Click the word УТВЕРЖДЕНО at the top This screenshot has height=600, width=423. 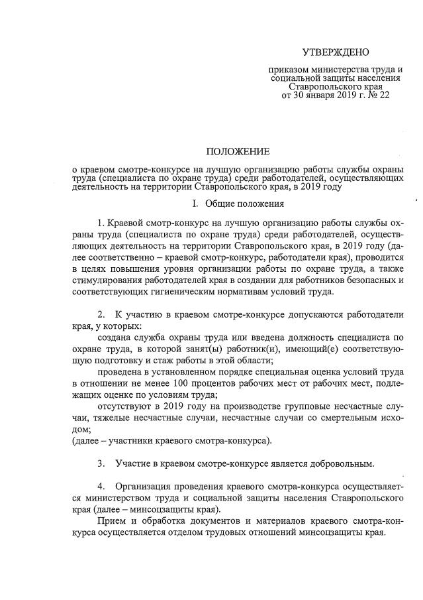click(x=336, y=52)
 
